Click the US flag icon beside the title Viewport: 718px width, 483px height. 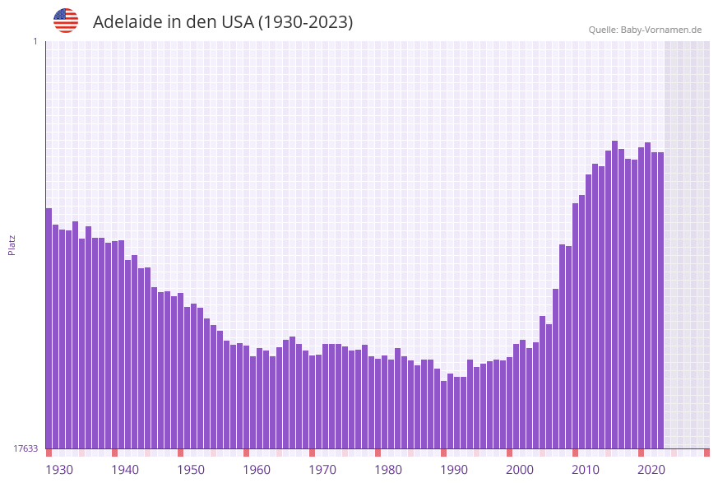click(x=66, y=21)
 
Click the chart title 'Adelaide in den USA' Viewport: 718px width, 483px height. click(x=222, y=22)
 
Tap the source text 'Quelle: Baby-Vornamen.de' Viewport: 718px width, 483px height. click(x=645, y=30)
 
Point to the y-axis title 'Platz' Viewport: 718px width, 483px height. click(x=12, y=244)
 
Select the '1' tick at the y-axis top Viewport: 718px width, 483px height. click(x=35, y=41)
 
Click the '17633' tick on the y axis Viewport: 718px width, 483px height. click(x=25, y=448)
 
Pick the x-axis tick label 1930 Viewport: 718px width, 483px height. click(x=59, y=470)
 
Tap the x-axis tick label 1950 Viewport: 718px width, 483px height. click(x=191, y=470)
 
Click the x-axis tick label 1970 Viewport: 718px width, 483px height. click(x=322, y=470)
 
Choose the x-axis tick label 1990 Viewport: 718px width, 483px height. click(x=454, y=470)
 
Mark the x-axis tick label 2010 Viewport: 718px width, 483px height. click(x=586, y=470)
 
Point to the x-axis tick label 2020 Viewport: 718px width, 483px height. click(x=651, y=470)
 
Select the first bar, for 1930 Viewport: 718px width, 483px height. click(x=49, y=329)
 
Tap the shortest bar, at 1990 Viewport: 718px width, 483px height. click(x=443, y=415)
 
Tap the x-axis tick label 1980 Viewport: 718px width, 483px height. click(x=388, y=470)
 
